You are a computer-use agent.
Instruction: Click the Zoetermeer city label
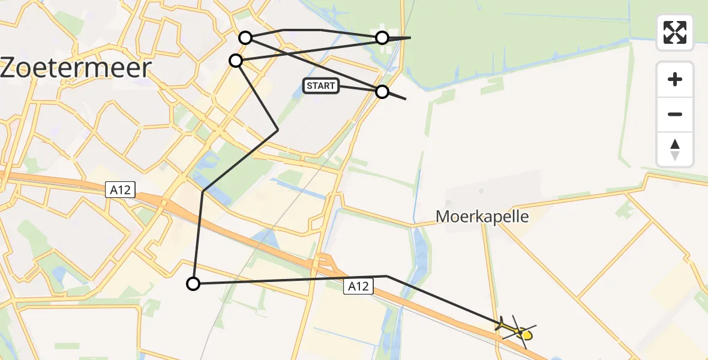tap(76, 68)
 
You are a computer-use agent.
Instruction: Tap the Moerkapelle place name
tap(482, 217)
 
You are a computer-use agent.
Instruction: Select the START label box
tap(321, 86)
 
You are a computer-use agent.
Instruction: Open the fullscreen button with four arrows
tap(675, 32)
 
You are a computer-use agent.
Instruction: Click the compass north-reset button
tap(675, 149)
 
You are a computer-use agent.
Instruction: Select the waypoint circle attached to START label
tap(382, 92)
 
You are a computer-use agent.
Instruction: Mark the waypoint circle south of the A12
tap(193, 284)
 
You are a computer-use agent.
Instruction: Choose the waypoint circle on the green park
tap(382, 38)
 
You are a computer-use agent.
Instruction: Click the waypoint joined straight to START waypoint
tap(245, 38)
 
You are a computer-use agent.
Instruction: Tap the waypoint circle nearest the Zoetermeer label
tap(236, 61)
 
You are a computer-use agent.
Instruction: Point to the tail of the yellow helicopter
tap(500, 325)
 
